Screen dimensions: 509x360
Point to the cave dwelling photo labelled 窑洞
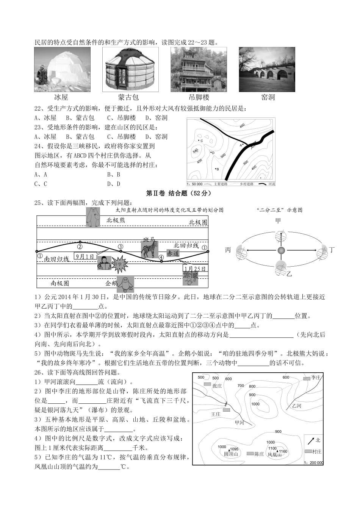pos(267,69)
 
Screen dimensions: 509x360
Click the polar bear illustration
pos(93,217)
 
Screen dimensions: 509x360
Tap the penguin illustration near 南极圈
pos(124,283)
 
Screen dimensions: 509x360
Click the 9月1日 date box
pos(85,256)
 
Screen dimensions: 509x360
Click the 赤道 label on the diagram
pos(173,253)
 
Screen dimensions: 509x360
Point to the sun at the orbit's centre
pos(281,250)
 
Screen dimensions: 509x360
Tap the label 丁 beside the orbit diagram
pos(332,250)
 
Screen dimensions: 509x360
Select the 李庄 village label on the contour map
pos(316,378)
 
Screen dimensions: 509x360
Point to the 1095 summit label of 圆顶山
pos(234,449)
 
